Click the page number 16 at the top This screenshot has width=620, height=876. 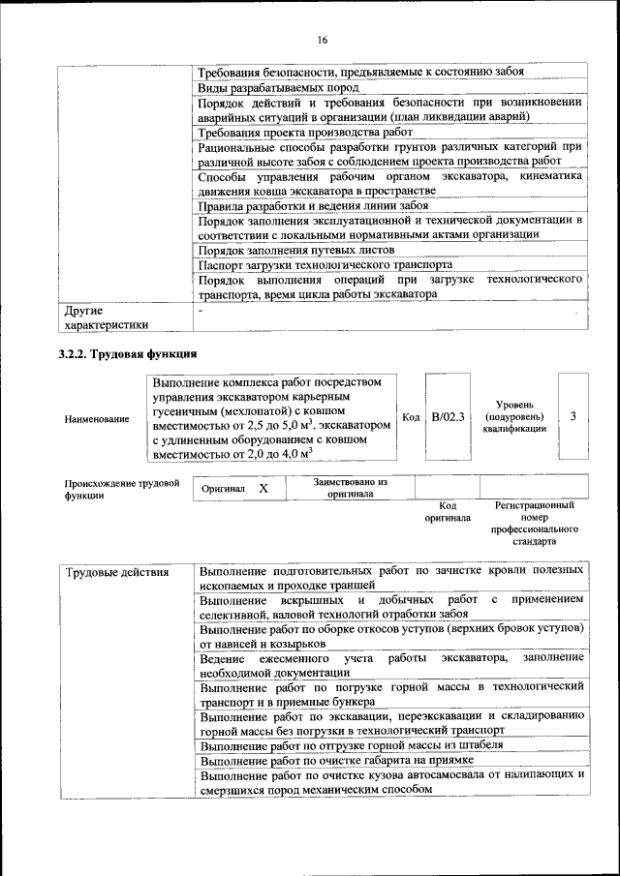pos(322,40)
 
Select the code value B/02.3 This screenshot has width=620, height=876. pos(449,417)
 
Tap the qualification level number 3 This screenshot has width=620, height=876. pos(574,417)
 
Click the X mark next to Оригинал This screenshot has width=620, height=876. pos(263,489)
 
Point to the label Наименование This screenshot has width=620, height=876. pos(97,419)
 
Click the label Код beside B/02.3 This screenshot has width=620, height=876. pos(411,417)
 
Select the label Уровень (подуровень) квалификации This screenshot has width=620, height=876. pos(518,417)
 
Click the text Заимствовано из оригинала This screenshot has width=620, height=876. pos(350,487)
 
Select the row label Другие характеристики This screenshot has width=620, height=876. pos(106,317)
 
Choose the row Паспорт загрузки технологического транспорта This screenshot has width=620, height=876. pos(325,264)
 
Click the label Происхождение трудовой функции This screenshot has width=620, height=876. pos(122,488)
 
